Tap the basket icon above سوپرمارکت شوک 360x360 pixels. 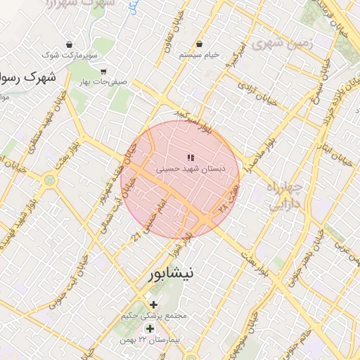[x=68, y=44]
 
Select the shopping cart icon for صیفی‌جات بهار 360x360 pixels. [x=103, y=71]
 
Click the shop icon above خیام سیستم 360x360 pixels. [x=200, y=44]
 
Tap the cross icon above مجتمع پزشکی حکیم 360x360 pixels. [x=154, y=304]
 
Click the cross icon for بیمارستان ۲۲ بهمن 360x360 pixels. [x=150, y=328]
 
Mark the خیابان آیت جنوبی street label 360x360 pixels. [x=76, y=275]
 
